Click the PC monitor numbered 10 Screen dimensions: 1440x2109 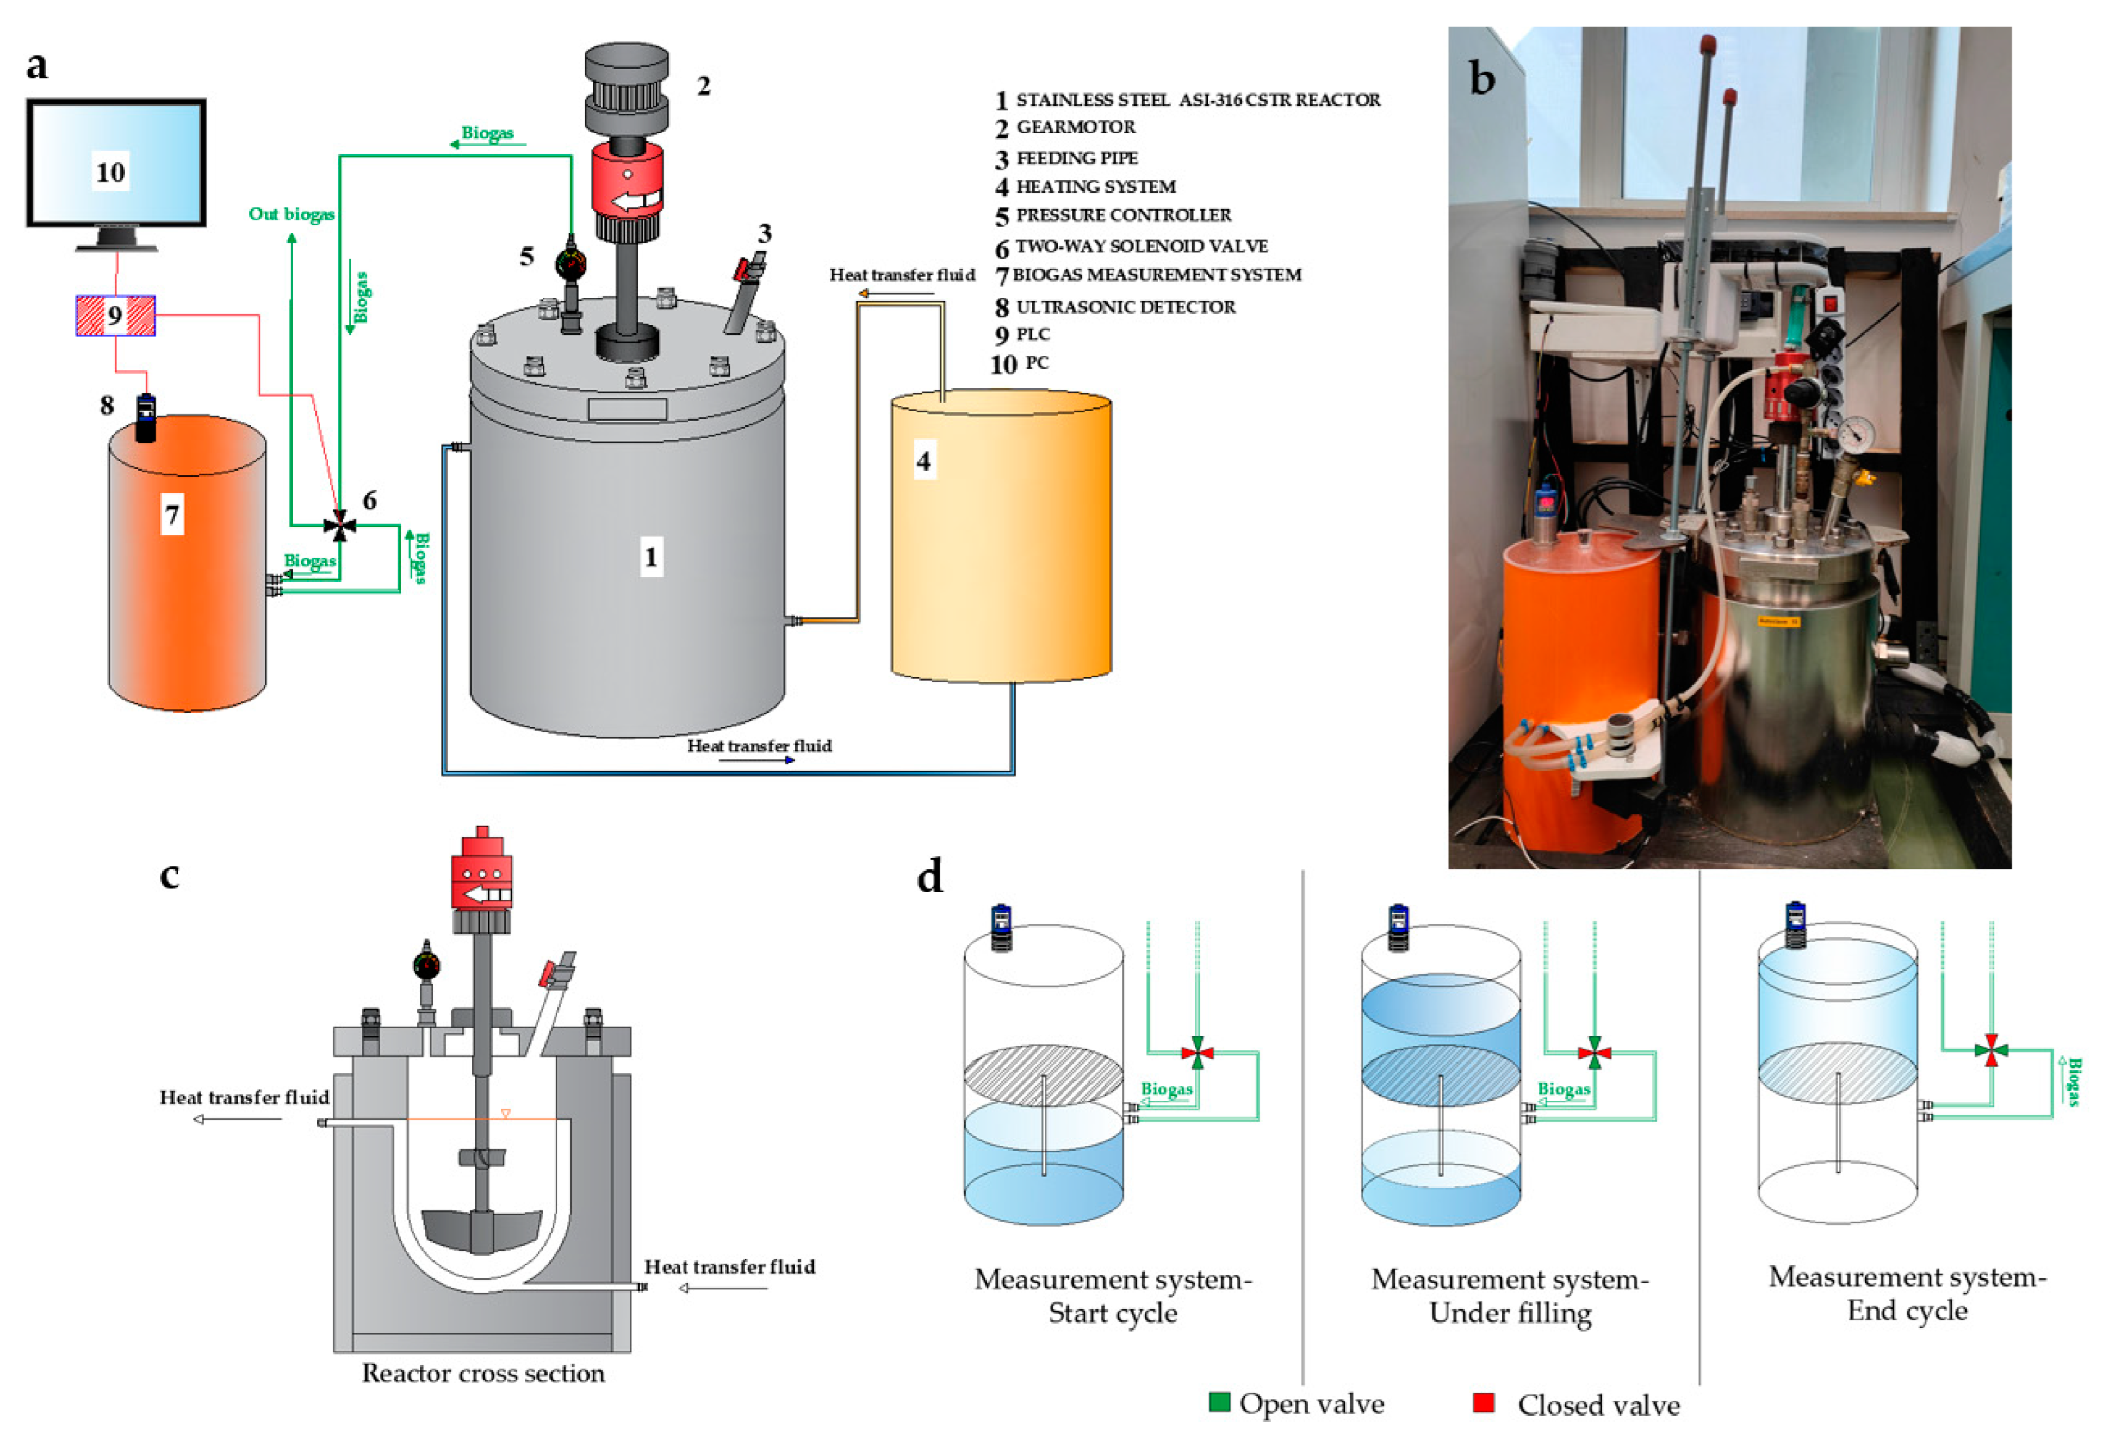[x=115, y=163]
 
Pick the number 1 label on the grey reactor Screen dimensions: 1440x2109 [x=650, y=557]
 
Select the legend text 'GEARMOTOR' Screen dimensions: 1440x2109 [x=1075, y=127]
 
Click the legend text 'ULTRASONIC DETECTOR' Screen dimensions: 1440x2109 [x=1125, y=307]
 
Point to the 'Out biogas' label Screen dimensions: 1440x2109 [x=291, y=214]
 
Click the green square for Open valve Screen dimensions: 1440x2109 [x=1220, y=1402]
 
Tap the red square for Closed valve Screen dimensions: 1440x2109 [x=1484, y=1402]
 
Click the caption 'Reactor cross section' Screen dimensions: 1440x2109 [x=483, y=1373]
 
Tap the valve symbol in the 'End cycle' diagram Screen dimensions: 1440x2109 [x=1990, y=1050]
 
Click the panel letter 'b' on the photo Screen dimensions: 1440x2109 [x=1482, y=80]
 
